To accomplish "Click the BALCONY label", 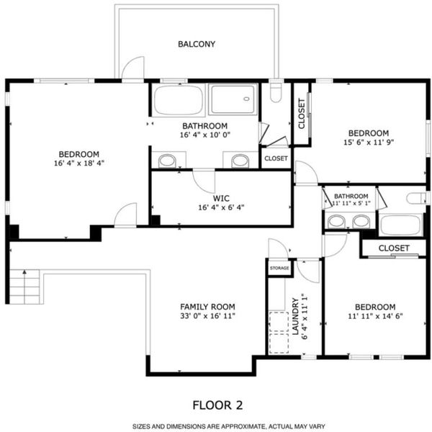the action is pos(197,44).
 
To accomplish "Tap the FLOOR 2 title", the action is pos(217,405).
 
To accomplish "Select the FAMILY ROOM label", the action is pos(207,307).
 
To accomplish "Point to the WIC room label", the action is pos(221,199).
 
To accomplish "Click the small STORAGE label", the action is pos(279,268).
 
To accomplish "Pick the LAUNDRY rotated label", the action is pos(295,316).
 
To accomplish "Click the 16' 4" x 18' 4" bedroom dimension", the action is pos(79,163).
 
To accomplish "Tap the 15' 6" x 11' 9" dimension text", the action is pos(369,142).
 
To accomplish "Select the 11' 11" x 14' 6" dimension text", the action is pos(375,316).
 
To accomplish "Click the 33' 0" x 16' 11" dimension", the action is pos(207,316).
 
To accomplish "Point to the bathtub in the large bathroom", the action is pos(179,100).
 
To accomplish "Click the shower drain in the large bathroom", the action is pos(246,99).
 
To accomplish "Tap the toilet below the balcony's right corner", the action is pos(276,91).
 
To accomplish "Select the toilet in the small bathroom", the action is pos(417,198).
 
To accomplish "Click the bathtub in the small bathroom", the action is pos(402,225).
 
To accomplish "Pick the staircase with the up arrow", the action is pos(24,287).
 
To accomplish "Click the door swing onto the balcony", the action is pos(133,67).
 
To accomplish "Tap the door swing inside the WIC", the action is pos(203,181).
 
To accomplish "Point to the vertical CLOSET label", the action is pos(302,114).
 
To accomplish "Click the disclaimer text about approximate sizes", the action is pos(228,426).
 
